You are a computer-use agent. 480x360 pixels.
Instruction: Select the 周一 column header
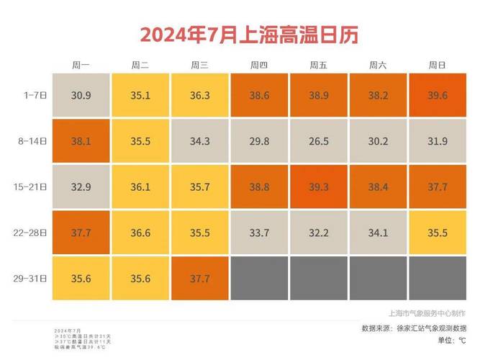[81, 65]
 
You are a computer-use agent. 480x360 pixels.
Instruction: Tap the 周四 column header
[259, 65]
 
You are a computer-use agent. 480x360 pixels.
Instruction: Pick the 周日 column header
[437, 65]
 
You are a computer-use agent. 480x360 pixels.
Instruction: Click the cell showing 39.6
[437, 95]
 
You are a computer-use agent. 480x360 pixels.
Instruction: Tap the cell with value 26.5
[318, 141]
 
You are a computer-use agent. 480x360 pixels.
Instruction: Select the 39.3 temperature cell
[318, 186]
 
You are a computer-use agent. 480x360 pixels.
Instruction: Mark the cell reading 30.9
[81, 95]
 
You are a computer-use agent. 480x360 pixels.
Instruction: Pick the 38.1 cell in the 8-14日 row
[81, 141]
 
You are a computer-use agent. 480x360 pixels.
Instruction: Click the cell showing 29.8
[259, 141]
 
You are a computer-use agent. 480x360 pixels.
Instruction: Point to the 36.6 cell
[140, 233]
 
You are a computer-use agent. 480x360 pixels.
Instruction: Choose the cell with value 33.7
[259, 233]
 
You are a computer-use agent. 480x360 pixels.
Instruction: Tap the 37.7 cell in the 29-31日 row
[199, 278]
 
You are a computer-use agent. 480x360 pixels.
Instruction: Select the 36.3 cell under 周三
[199, 95]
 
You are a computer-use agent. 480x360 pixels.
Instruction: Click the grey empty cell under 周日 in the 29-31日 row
[437, 278]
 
